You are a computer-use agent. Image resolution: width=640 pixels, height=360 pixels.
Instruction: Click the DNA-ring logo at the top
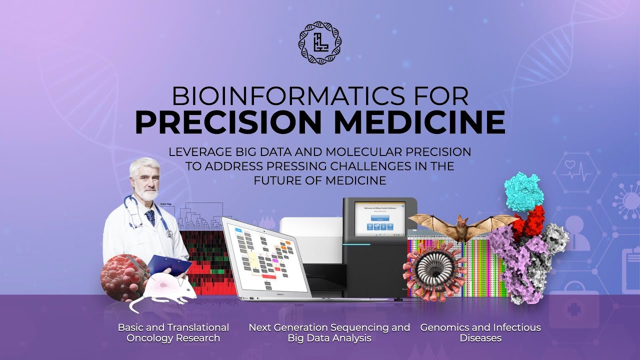click(319, 43)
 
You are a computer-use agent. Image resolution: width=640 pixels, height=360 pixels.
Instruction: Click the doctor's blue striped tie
click(150, 217)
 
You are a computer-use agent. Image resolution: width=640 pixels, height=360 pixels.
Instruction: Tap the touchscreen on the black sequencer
click(379, 218)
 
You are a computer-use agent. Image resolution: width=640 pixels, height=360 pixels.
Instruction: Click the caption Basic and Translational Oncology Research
click(173, 333)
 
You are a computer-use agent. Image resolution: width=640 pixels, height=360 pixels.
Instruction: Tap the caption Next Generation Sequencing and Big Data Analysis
click(329, 333)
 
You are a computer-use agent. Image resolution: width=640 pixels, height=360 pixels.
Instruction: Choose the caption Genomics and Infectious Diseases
click(480, 333)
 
